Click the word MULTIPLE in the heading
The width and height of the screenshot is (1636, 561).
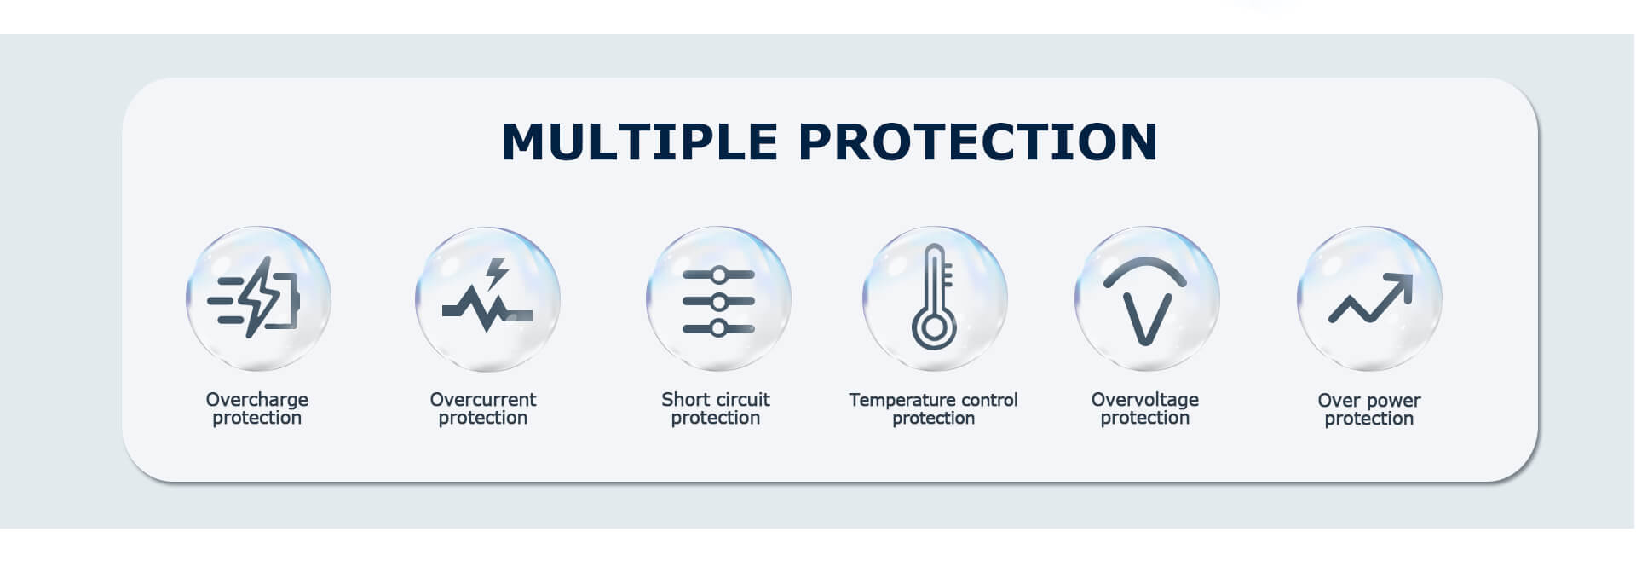[x=640, y=142]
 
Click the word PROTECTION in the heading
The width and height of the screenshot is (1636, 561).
[x=978, y=142]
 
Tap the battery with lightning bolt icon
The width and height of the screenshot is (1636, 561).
[x=254, y=298]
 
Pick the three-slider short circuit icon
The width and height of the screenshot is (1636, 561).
[x=718, y=302]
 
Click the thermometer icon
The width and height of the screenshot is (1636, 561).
[x=934, y=297]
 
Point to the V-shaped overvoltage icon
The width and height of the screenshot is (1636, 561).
[x=1145, y=300]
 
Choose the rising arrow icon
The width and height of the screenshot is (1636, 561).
[x=1370, y=298]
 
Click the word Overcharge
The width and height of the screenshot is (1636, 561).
[x=256, y=399]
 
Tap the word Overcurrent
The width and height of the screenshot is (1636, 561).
[x=483, y=399]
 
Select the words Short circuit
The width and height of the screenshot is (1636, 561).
[x=716, y=399]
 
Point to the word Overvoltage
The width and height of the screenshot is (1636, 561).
[x=1145, y=400]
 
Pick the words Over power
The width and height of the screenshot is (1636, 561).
[x=1369, y=401]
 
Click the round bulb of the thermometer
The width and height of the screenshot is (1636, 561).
[x=934, y=328]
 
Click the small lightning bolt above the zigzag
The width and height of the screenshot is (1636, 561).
[x=496, y=274]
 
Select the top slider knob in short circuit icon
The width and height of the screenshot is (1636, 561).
[x=719, y=275]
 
